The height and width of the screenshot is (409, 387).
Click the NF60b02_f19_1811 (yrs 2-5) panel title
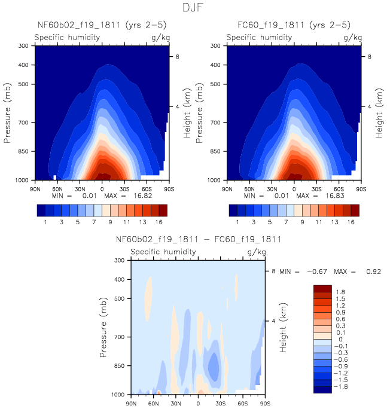click(x=102, y=25)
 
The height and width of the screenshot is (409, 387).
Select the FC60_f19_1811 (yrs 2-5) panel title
click(x=293, y=25)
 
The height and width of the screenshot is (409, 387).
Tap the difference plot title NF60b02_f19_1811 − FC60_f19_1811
click(x=198, y=240)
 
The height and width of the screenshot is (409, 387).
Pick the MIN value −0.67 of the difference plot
click(x=317, y=272)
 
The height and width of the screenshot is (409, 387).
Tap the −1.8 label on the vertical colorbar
click(x=342, y=387)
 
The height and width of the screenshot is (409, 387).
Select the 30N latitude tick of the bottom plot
click(x=175, y=403)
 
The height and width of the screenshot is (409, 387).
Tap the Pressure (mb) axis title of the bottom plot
click(x=104, y=327)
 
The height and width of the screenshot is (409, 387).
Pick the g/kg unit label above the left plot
click(x=158, y=37)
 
